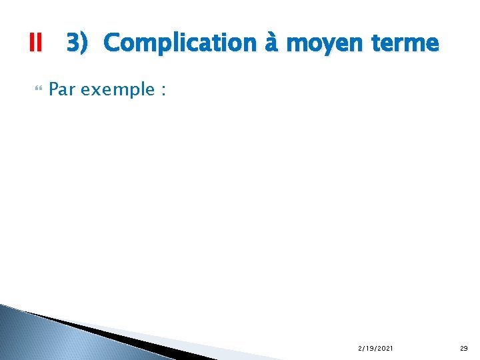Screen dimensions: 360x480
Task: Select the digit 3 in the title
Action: click(x=73, y=43)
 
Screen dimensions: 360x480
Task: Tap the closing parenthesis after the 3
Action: click(x=84, y=44)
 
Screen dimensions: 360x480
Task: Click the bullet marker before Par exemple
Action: click(x=36, y=89)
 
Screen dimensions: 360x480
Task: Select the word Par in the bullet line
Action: click(x=63, y=89)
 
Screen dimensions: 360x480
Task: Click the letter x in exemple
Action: click(x=94, y=90)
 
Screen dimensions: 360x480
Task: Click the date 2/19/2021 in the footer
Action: click(x=375, y=348)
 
